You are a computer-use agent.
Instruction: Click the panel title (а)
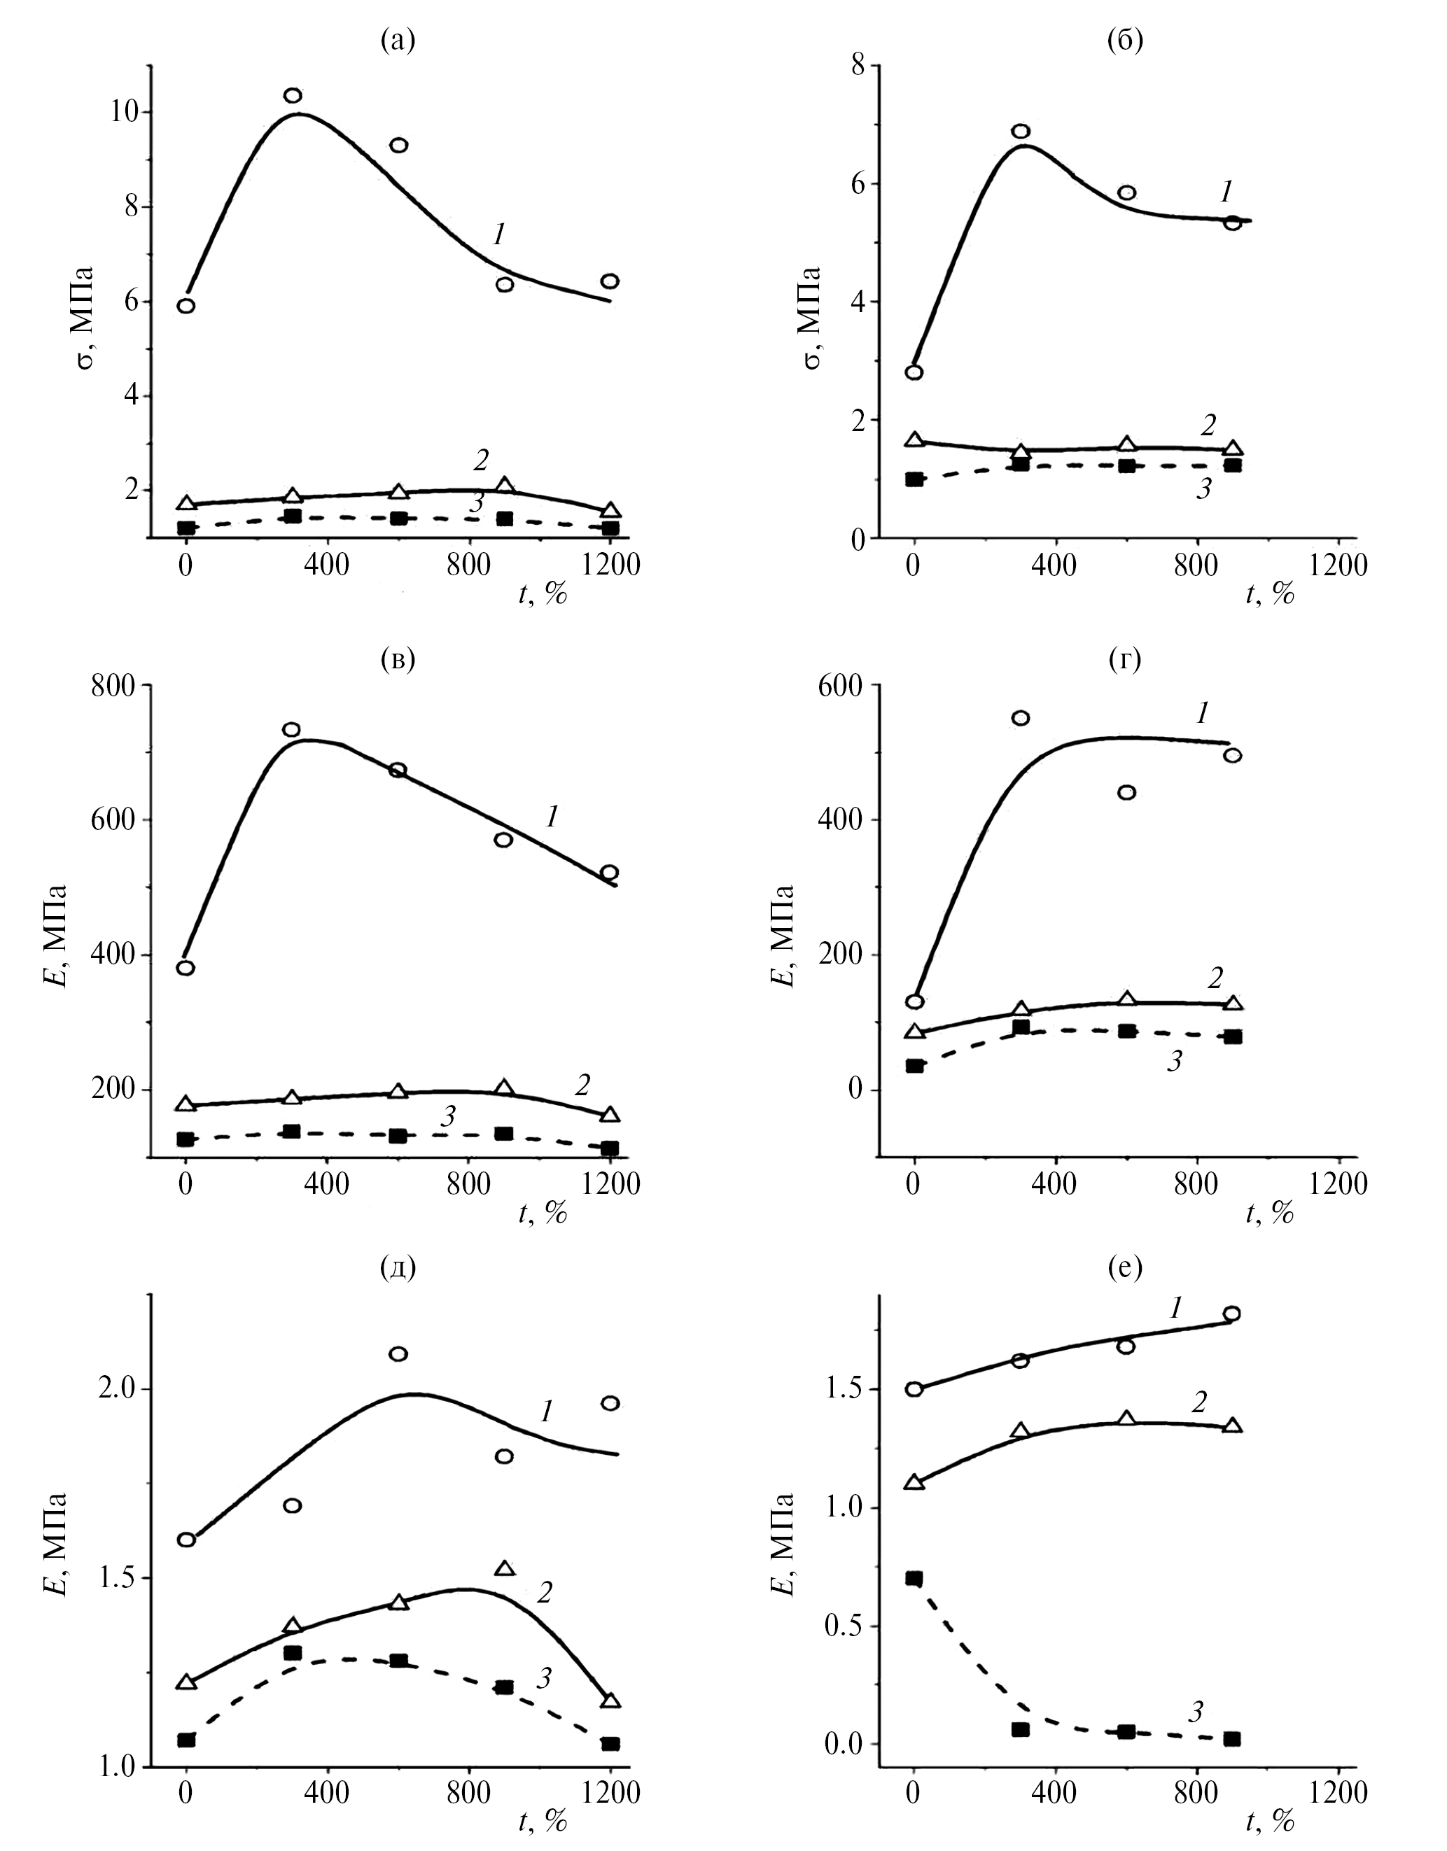point(398,40)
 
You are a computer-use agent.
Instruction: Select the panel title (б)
point(1125,40)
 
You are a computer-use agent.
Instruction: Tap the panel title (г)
point(1125,659)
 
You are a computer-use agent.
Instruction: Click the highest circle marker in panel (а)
point(293,96)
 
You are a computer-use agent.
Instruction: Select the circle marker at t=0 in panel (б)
point(914,372)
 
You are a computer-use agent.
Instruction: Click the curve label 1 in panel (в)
point(552,817)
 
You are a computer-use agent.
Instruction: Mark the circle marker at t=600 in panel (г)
point(1126,792)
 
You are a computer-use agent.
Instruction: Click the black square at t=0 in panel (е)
point(914,1578)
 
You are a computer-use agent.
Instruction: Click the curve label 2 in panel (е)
point(1198,1402)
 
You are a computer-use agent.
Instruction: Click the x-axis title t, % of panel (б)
point(1270,593)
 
